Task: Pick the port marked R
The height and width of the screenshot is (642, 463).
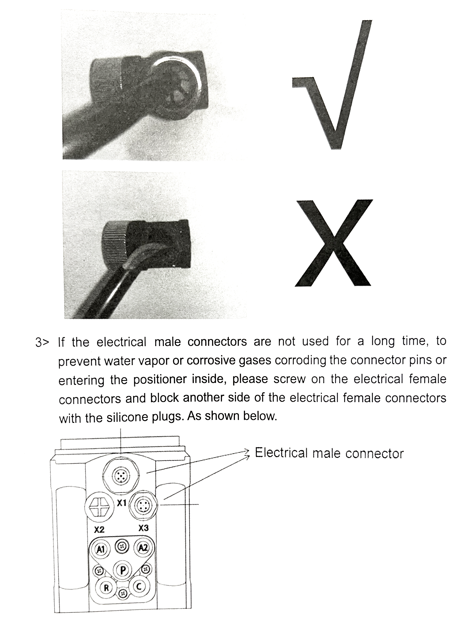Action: (x=106, y=588)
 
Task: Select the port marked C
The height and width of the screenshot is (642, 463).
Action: (x=139, y=587)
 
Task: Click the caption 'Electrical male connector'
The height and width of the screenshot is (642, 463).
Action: (x=329, y=453)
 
